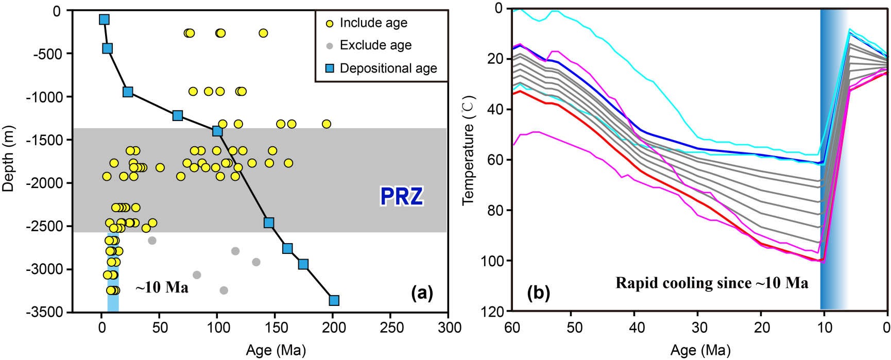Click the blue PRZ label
tap(401, 196)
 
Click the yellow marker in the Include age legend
tap(330, 24)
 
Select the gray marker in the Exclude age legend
tap(330, 46)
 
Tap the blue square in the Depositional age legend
tap(330, 68)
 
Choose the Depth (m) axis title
tap(8, 159)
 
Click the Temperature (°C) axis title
tap(468, 150)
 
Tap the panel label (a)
tap(422, 293)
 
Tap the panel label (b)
tap(538, 293)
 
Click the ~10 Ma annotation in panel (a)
tap(162, 287)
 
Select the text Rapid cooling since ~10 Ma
tap(712, 283)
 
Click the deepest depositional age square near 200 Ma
tap(334, 300)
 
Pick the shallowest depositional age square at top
tap(104, 20)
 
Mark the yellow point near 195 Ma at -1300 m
tap(326, 124)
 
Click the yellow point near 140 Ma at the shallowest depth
tap(263, 33)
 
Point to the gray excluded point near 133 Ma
tap(256, 262)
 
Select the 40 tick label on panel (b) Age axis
tap(637, 328)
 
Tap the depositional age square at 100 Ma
tap(217, 131)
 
